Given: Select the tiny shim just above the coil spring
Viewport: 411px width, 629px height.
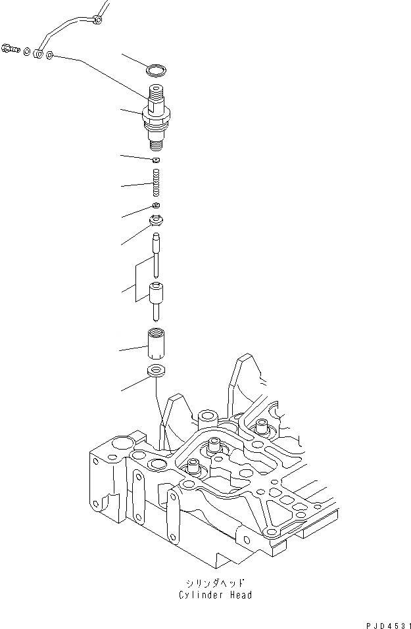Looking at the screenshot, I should [156, 160].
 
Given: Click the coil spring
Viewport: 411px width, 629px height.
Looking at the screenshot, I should [156, 183].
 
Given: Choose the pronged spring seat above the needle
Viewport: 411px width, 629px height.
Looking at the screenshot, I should [157, 220].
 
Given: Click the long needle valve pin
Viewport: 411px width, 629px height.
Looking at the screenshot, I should [157, 254].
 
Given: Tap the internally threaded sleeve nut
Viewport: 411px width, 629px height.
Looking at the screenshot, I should [157, 343].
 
